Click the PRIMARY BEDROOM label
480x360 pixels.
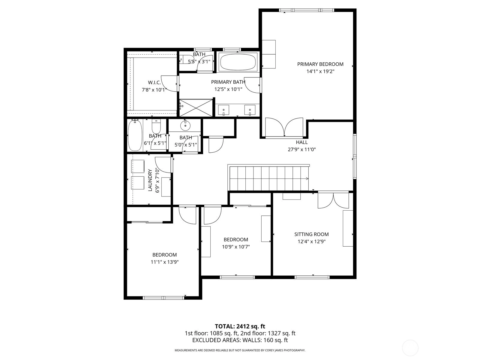tap(320, 64)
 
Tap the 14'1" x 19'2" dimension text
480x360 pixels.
tap(320, 71)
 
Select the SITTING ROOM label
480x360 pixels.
tap(311, 234)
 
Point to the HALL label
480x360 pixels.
tap(302, 142)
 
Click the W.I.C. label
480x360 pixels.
tap(154, 82)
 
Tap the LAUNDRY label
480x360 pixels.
tap(150, 180)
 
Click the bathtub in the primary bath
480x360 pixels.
tap(238, 62)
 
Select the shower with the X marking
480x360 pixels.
tap(196, 108)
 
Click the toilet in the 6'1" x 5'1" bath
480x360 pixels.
tap(156, 126)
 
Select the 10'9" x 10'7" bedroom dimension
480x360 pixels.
tap(236, 247)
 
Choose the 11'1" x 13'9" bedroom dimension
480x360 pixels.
tap(165, 262)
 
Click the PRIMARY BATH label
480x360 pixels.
tap(228, 82)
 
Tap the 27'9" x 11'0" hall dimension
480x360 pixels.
tap(302, 149)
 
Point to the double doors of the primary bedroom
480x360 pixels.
tap(284, 128)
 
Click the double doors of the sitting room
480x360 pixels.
tap(333, 200)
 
